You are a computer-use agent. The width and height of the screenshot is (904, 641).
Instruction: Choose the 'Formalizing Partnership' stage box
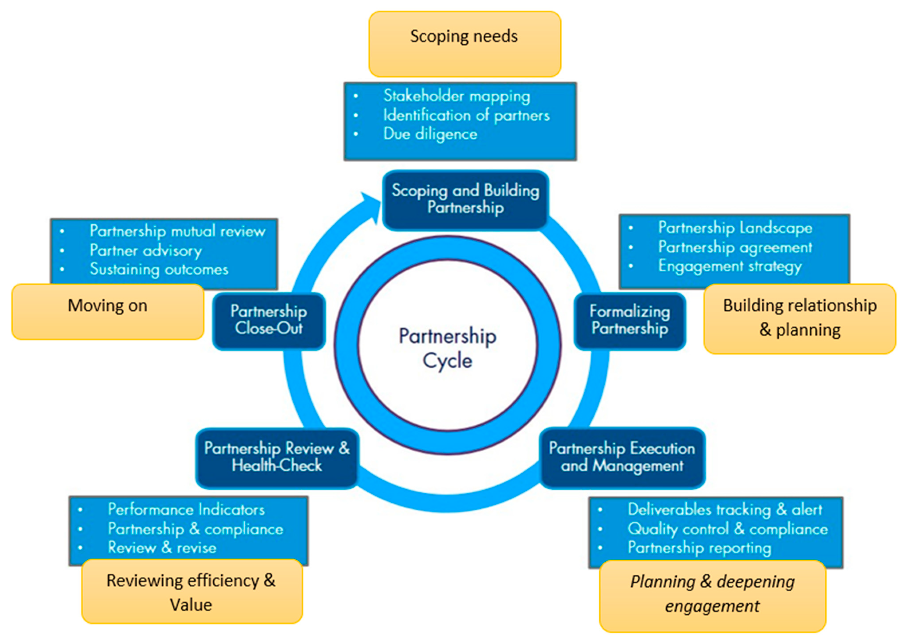tap(630, 321)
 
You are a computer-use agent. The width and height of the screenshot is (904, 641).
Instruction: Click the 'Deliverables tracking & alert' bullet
tap(725, 510)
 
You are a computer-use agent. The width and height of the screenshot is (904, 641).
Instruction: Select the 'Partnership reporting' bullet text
tap(699, 548)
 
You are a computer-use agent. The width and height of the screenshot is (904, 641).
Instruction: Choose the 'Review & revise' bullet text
tap(162, 548)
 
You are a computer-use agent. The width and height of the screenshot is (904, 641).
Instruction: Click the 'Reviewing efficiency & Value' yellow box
tap(191, 592)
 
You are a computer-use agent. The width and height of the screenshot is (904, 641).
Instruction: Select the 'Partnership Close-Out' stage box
tap(269, 321)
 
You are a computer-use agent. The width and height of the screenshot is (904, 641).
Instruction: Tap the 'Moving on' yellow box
tap(107, 311)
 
